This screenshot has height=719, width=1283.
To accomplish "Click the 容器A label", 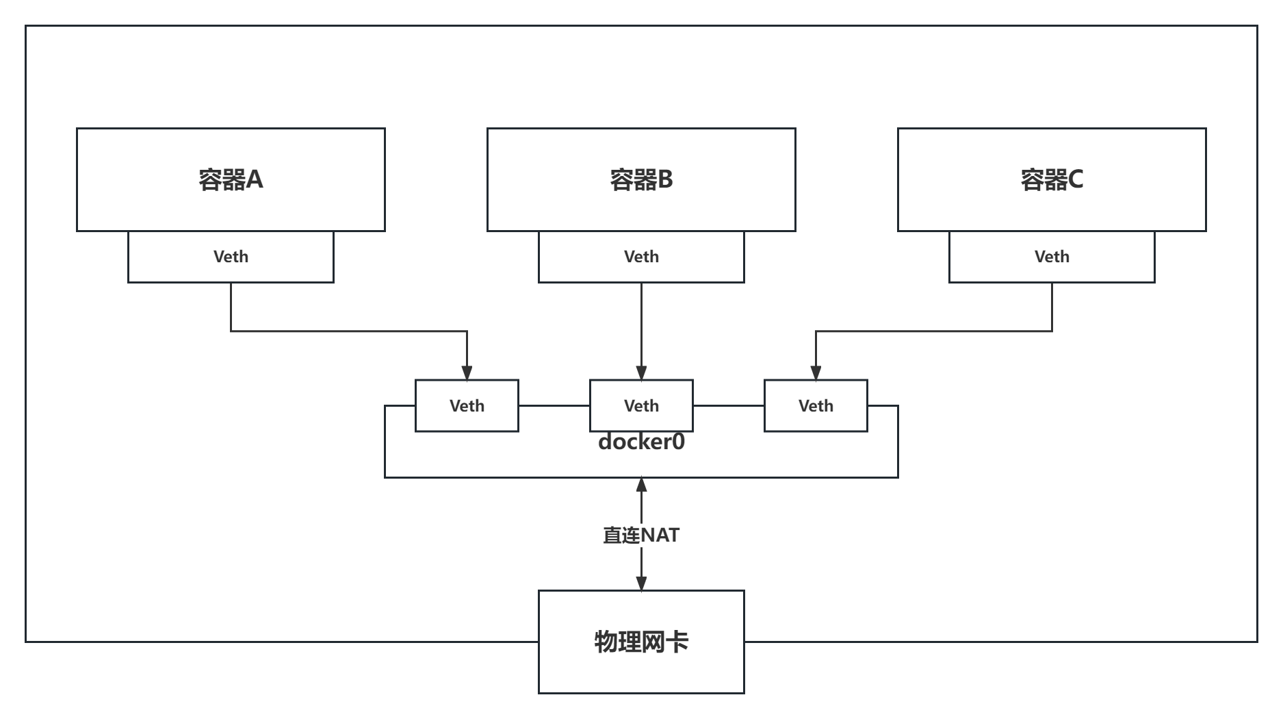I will [x=231, y=179].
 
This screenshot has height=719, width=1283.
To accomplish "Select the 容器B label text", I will [x=641, y=179].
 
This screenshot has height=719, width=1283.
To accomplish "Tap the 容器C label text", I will [x=1052, y=179].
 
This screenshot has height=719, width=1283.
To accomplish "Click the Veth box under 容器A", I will [x=231, y=257].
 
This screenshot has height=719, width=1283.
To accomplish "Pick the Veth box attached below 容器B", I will [x=641, y=257].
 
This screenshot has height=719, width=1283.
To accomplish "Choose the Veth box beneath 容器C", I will [x=1052, y=257].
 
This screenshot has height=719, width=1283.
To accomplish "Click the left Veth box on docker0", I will [x=467, y=406].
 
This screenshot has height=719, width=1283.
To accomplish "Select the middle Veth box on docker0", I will [x=641, y=406].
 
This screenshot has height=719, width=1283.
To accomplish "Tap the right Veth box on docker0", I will [x=816, y=406].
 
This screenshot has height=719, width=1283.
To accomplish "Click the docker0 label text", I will [x=641, y=442].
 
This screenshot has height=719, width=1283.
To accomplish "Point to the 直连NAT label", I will [x=641, y=535].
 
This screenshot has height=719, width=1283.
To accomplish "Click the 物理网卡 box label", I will [x=641, y=642].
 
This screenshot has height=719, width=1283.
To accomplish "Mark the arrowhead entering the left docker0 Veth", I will [x=467, y=373].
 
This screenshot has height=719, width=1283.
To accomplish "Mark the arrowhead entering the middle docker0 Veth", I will [x=641, y=373].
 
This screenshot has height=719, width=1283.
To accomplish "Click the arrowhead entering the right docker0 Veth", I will [x=816, y=373].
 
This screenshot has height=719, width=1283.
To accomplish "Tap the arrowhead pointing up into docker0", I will [x=641, y=485].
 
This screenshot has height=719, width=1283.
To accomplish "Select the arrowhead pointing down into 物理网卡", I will [x=641, y=582].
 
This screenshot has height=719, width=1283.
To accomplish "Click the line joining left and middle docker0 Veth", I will [x=554, y=406].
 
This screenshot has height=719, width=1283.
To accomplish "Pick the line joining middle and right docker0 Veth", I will [x=729, y=406].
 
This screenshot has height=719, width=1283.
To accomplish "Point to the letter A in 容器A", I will [x=255, y=179].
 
